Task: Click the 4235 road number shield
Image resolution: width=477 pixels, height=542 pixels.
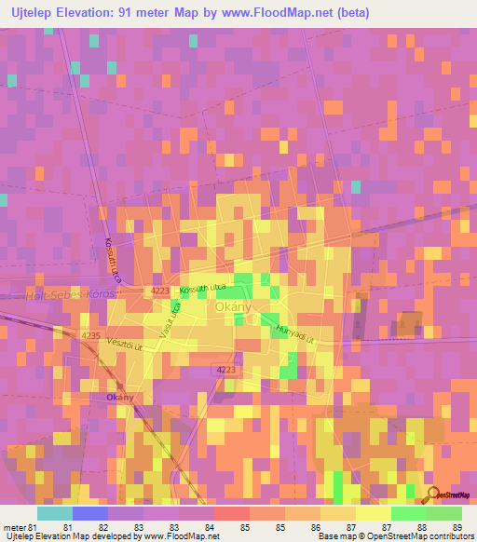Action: (90, 334)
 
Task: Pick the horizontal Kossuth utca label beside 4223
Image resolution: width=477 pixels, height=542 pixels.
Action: (203, 290)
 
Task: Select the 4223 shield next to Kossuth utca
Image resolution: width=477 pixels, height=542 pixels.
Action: (157, 291)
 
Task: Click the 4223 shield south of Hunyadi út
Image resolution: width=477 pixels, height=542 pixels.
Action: (225, 370)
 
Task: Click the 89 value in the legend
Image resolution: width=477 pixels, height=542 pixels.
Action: (457, 526)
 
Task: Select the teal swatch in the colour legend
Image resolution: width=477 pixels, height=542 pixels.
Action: (54, 513)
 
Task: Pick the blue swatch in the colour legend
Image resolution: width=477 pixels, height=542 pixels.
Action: (89, 513)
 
